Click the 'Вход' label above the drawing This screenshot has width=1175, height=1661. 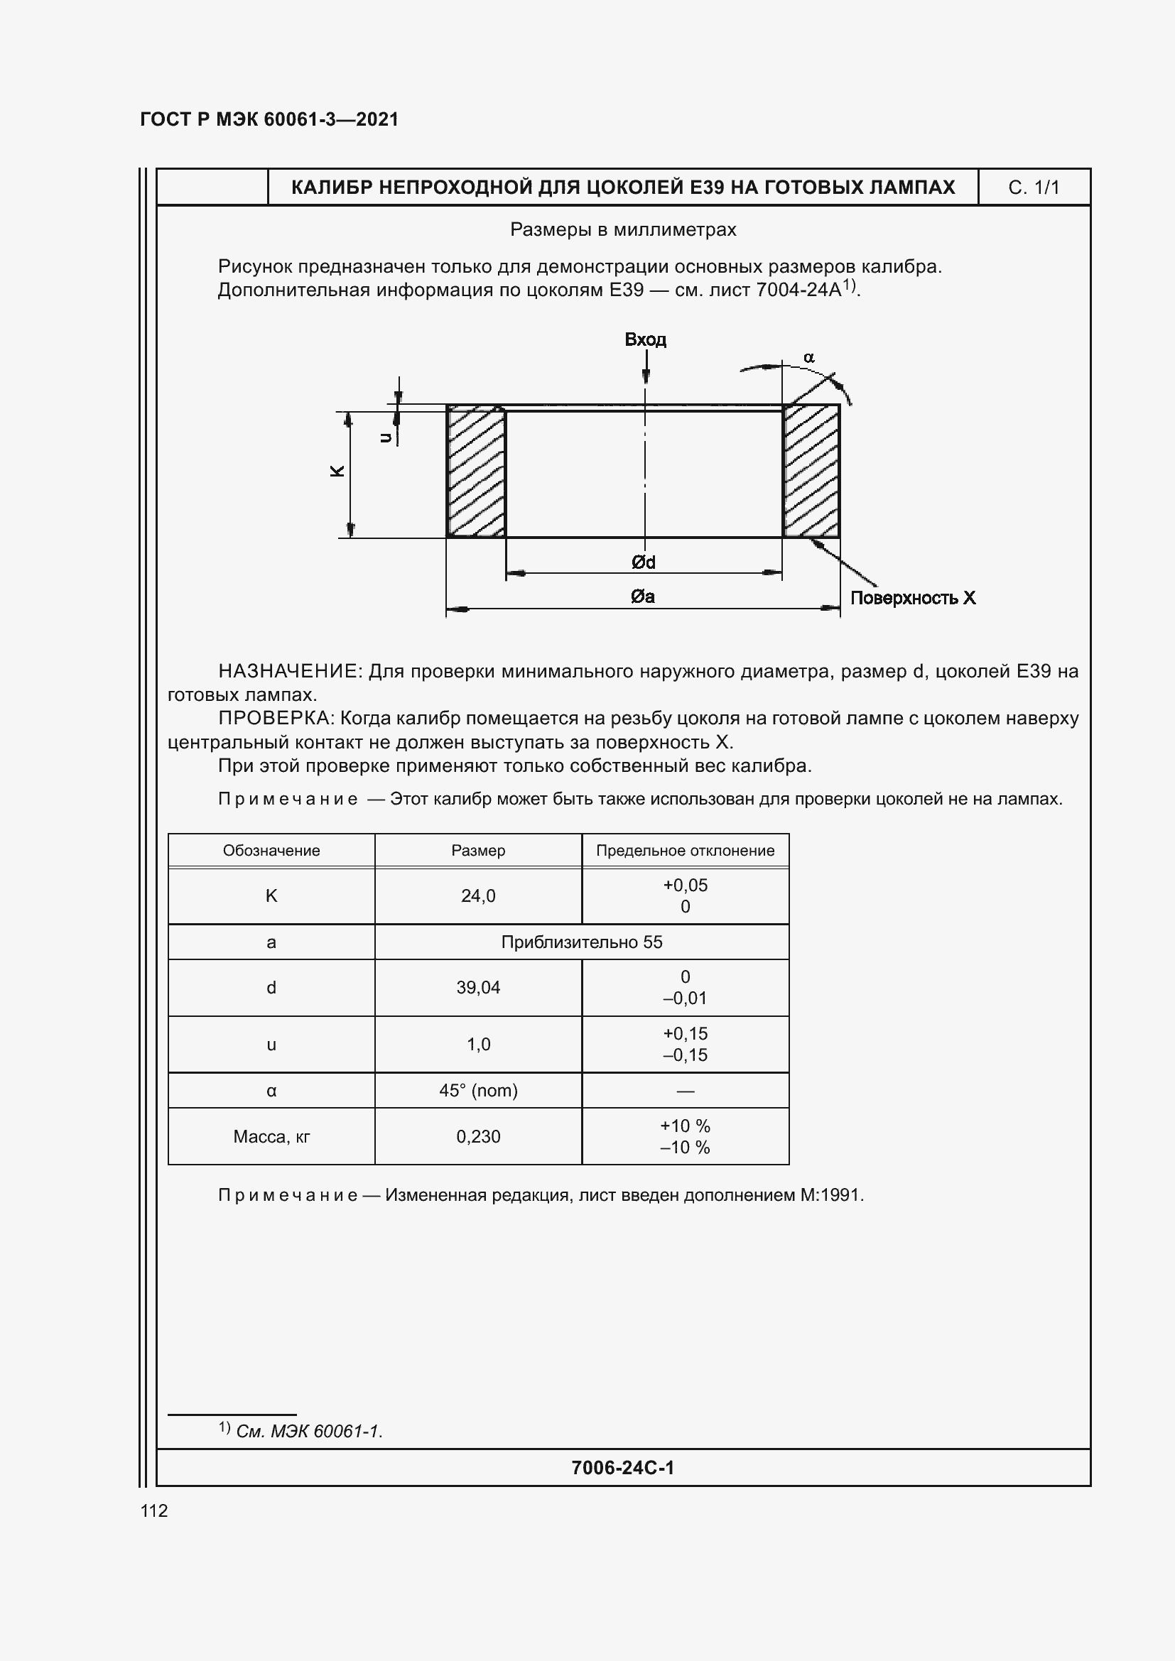644,340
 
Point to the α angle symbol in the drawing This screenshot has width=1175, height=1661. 809,357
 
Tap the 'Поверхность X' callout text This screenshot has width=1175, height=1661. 912,598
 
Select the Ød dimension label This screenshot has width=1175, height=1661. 643,562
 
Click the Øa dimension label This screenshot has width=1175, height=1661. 642,596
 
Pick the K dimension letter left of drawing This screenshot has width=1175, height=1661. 337,471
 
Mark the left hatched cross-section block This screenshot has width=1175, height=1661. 475,471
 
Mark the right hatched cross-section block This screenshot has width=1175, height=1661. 811,471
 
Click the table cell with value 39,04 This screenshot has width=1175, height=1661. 477,988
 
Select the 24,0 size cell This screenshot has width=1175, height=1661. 477,895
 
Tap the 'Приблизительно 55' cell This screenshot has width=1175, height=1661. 582,942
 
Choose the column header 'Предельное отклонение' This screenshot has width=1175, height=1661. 684,851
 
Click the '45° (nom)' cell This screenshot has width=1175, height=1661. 477,1090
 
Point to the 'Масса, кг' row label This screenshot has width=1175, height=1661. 271,1136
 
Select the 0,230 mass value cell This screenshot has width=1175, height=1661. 477,1136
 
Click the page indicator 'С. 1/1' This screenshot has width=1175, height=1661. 1033,188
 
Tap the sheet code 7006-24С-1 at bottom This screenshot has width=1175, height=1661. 622,1467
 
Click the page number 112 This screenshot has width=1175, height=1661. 154,1510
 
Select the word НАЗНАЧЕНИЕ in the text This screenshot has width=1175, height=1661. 288,671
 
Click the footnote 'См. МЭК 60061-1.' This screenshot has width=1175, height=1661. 308,1431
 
